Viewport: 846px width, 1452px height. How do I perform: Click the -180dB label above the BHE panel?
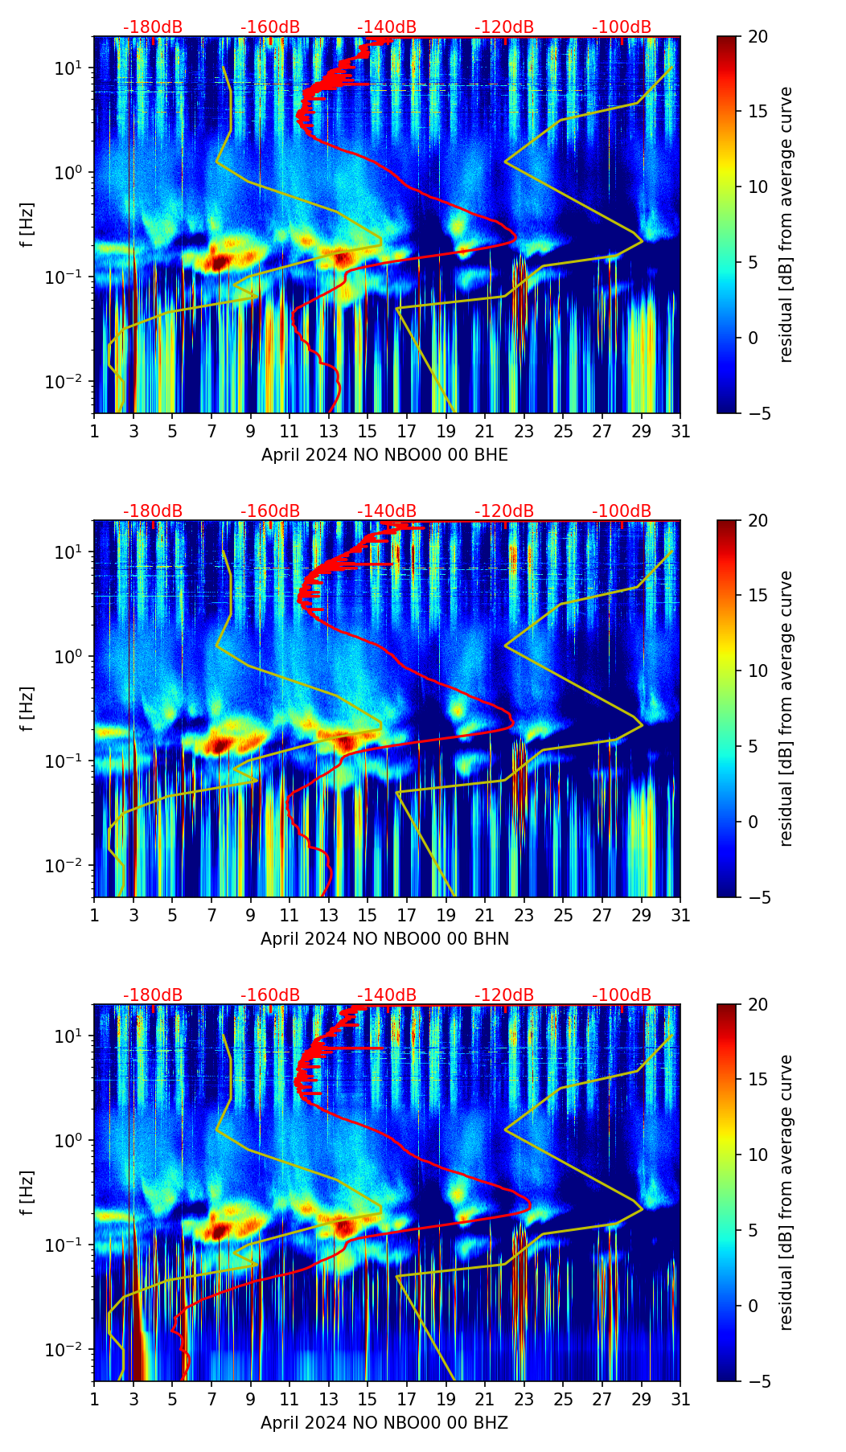[153, 27]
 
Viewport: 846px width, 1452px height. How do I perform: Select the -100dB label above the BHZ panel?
[622, 995]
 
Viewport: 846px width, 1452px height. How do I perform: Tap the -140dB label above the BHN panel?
[387, 511]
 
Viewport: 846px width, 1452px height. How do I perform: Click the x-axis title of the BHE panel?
[384, 455]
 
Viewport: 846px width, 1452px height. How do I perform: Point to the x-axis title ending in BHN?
[384, 939]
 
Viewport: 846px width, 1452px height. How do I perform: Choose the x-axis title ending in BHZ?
[384, 1423]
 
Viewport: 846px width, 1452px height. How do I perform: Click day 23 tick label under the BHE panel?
[524, 432]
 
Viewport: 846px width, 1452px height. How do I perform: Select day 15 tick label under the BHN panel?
[368, 916]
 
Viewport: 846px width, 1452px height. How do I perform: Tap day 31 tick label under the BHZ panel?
[680, 1400]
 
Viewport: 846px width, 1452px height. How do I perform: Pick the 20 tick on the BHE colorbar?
[758, 36]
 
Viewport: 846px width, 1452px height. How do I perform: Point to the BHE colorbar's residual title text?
[786, 224]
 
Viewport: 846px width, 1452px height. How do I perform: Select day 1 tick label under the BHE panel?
[95, 432]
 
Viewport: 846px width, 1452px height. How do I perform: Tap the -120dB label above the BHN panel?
[504, 511]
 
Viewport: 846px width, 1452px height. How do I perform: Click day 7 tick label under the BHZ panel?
[211, 1400]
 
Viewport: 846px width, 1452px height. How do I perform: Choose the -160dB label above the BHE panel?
[270, 27]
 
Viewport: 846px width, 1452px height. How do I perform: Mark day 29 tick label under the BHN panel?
[642, 916]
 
